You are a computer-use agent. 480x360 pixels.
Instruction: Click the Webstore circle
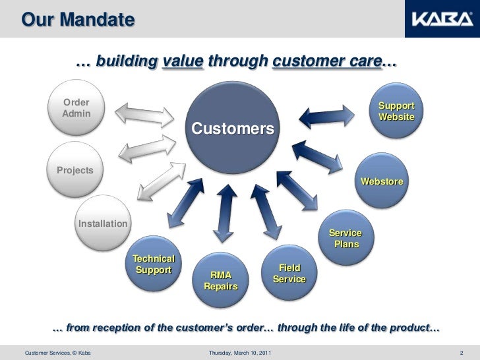pos(382,181)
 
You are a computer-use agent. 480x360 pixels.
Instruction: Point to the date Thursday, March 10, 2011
pos(238,355)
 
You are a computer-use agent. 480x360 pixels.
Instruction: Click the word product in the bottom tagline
pos(409,328)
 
